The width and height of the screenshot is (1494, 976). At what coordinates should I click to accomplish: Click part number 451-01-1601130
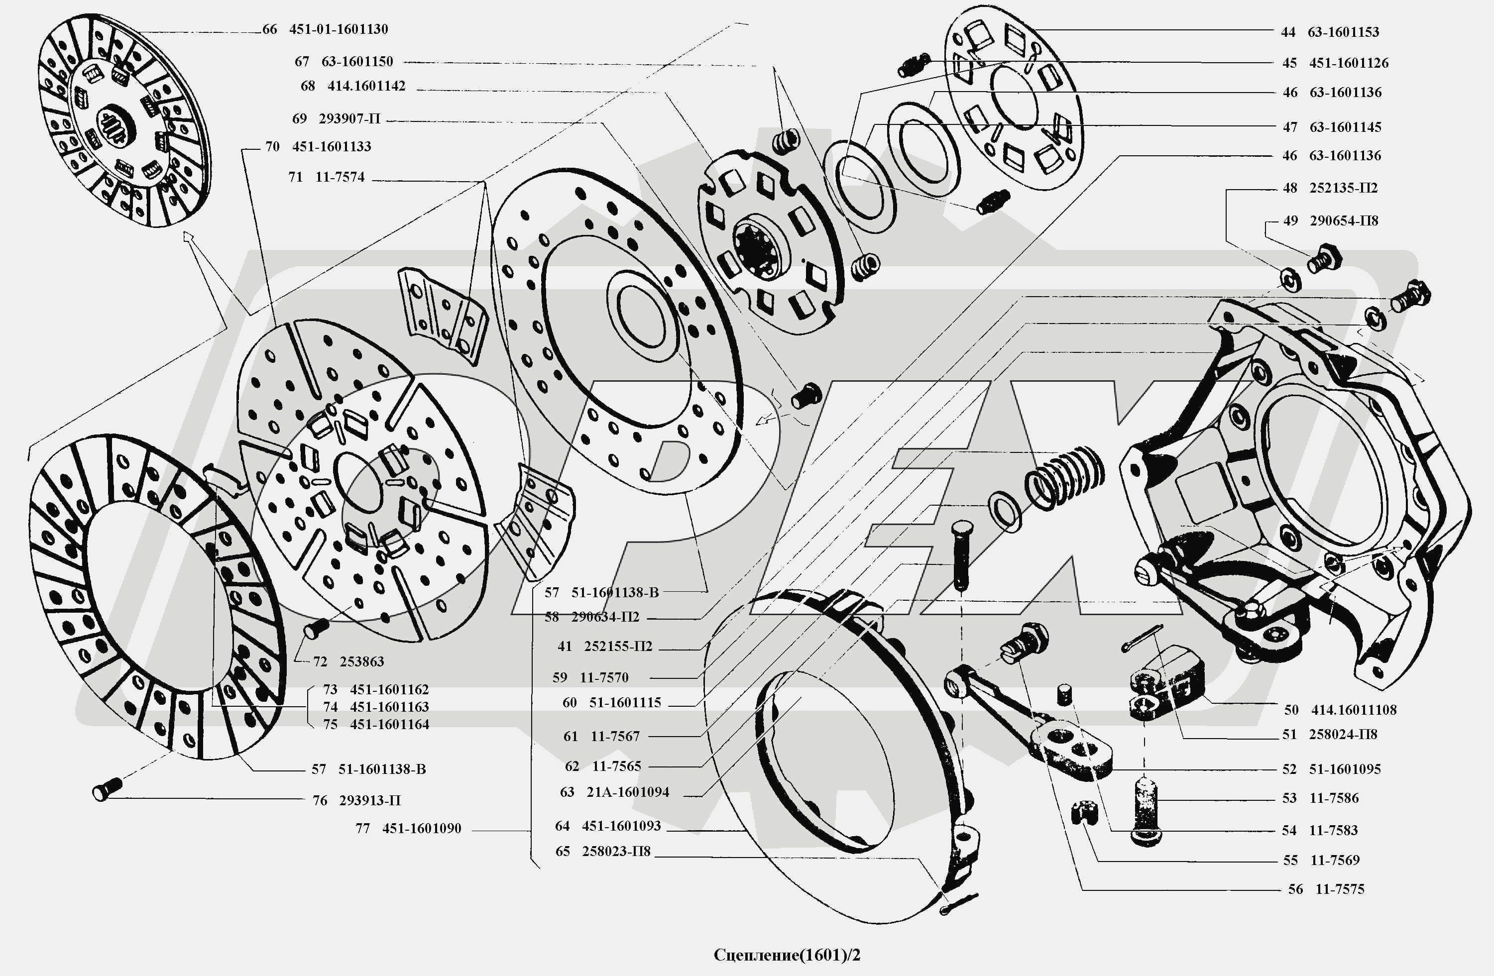pyautogui.click(x=339, y=29)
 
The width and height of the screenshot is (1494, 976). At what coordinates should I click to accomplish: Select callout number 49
pyautogui.click(x=1290, y=221)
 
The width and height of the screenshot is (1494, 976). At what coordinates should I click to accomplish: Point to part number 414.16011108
pyautogui.click(x=1354, y=710)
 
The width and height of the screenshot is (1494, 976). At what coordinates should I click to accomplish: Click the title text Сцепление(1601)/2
pyautogui.click(x=787, y=955)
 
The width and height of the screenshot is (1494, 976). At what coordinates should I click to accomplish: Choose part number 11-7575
pyautogui.click(x=1340, y=889)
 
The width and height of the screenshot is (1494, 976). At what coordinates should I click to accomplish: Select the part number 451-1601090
pyautogui.click(x=421, y=829)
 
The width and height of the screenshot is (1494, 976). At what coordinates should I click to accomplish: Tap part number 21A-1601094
pyautogui.click(x=627, y=792)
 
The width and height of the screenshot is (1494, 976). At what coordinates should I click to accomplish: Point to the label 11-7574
pyautogui.click(x=340, y=178)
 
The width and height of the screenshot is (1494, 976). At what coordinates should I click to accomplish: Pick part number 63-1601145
pyautogui.click(x=1345, y=127)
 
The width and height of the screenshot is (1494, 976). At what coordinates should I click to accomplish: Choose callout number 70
pyautogui.click(x=272, y=147)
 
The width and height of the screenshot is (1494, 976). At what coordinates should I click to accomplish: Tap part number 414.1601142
pyautogui.click(x=366, y=86)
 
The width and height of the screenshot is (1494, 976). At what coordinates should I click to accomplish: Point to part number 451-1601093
pyautogui.click(x=621, y=826)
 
